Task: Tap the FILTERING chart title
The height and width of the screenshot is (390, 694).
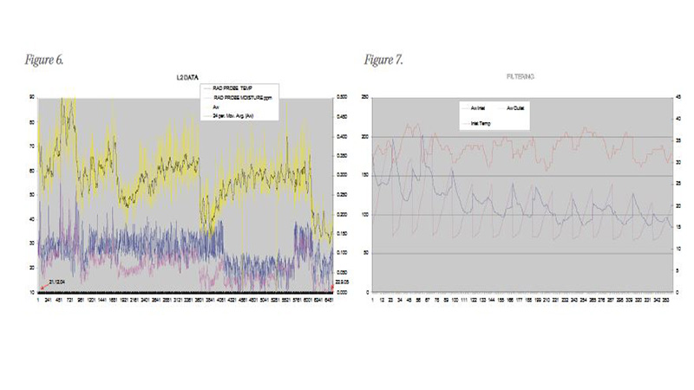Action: click(520, 78)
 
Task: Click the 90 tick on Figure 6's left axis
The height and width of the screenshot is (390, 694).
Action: click(32, 97)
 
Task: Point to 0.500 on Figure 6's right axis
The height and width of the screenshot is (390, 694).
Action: click(342, 97)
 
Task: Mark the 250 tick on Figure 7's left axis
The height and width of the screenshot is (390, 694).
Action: click(365, 97)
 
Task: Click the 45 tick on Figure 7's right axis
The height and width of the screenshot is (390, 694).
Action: click(678, 97)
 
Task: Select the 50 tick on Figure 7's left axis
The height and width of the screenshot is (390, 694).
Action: click(367, 253)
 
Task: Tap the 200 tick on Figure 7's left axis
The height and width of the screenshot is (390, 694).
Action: click(365, 136)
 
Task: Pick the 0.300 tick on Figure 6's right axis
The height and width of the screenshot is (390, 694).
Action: click(342, 175)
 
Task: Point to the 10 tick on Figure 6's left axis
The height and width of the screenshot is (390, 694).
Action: click(32, 292)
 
